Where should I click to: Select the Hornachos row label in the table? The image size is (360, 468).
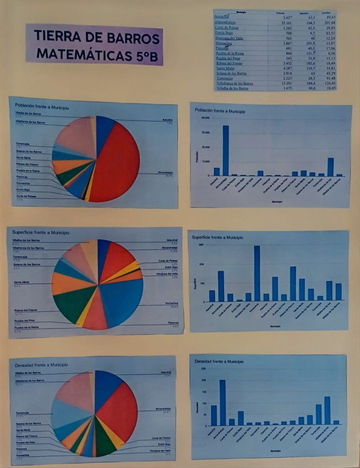point(224,43)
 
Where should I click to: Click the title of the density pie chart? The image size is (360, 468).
point(41,365)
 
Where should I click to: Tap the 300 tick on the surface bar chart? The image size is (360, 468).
point(201,245)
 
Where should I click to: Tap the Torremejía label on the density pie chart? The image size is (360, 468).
point(23,413)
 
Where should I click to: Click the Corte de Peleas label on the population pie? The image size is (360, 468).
point(26,196)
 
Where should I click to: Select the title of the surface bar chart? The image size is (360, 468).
point(217,238)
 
